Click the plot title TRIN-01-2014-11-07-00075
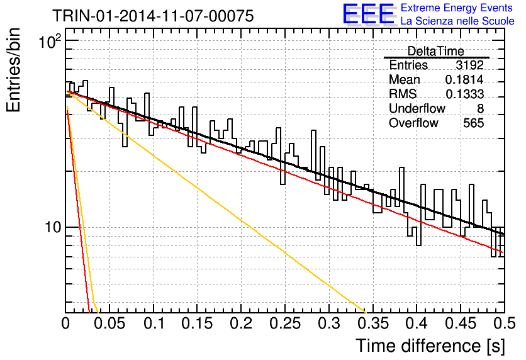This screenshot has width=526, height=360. (153, 16)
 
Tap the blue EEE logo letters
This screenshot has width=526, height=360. (368, 14)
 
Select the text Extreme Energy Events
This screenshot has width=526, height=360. (457, 8)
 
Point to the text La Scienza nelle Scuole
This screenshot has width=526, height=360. (457, 21)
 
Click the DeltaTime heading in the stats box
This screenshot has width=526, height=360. (435, 51)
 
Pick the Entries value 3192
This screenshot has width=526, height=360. (469, 65)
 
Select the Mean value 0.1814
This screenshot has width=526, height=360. (464, 79)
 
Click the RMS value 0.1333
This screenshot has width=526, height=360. (464, 94)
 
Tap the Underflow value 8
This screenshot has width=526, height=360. (480, 108)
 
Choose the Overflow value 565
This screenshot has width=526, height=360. (473, 123)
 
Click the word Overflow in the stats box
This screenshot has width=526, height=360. (413, 123)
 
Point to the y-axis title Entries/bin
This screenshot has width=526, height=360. (13, 70)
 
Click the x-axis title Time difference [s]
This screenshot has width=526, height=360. (430, 346)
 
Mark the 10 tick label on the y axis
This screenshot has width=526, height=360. (53, 227)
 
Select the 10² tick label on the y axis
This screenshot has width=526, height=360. (50, 42)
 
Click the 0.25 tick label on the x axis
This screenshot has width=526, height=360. (285, 323)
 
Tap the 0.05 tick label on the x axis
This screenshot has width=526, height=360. (109, 323)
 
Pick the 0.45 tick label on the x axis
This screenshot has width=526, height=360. (461, 323)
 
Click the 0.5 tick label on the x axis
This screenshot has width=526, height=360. (504, 323)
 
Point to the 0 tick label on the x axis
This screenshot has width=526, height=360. (65, 323)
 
